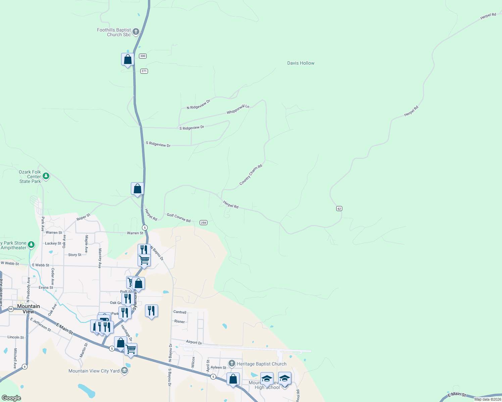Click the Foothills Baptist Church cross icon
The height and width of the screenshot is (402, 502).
coord(136,32)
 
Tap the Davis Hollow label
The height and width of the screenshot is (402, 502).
coord(301,63)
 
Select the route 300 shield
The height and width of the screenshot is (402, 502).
coord(143,56)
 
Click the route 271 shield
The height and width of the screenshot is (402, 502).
coord(144,71)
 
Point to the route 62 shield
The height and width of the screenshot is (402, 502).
coord(339,208)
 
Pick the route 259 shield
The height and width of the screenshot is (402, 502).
coord(203,222)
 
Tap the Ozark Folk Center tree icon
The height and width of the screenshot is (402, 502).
coord(46,176)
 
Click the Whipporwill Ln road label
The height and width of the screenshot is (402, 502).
coord(238,109)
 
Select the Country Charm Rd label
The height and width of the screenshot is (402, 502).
coord(251,175)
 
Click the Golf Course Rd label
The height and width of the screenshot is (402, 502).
coord(179,218)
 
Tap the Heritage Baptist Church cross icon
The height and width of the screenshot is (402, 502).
coord(232,363)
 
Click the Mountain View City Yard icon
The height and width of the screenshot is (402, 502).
coord(124,371)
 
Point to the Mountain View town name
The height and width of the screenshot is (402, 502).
coord(29,309)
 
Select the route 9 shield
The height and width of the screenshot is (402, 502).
coord(24,366)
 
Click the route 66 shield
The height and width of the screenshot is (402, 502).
coord(11,309)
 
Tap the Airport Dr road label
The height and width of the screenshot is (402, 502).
coord(194,342)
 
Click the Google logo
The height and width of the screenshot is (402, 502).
coord(11,398)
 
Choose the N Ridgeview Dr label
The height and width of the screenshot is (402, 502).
coord(198,104)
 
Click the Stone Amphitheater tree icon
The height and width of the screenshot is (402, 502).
coord(31,245)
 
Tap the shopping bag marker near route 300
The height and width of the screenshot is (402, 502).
coord(128,60)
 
